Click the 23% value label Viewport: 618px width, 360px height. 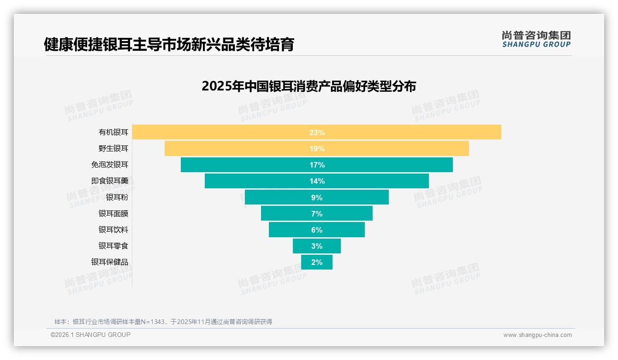pos(317,132)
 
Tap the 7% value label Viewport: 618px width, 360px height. pos(317,214)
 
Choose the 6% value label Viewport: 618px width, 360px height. pos(317,230)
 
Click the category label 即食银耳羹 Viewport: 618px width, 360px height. pos(110,181)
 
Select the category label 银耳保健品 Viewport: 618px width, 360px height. pos(110,262)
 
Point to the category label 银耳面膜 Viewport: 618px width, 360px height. pos(113,214)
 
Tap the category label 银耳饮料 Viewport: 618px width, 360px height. pos(113,230)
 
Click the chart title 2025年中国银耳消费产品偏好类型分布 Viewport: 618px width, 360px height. pos(309,86)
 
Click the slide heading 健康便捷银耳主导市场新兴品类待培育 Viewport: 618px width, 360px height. pos(169,45)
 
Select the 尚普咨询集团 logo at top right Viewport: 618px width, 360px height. pos(536,39)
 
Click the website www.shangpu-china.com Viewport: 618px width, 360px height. pos(537,335)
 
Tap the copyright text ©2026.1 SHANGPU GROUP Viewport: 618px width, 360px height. pos(90,335)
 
